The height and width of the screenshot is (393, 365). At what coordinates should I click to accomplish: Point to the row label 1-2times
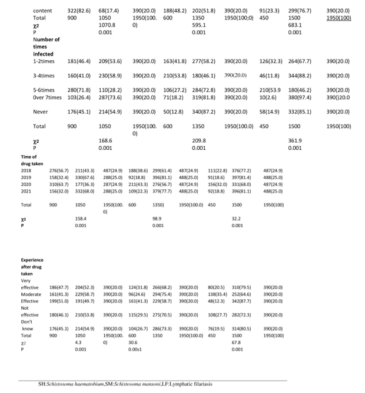tap(45, 61)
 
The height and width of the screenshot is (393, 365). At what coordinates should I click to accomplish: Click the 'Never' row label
tap(41, 111)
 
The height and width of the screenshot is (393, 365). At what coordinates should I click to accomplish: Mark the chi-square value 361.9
tap(295, 141)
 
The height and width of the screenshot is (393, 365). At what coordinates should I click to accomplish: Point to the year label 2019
tap(26, 176)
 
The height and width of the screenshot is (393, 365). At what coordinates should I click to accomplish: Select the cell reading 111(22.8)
tap(217, 169)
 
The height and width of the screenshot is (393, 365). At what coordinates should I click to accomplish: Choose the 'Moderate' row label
tap(31, 293)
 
